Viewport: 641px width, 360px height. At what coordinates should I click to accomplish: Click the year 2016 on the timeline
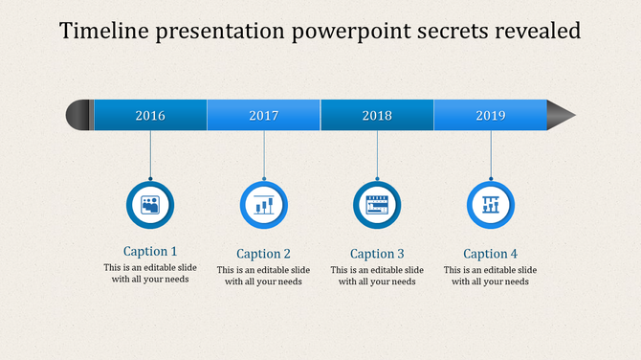point(150,116)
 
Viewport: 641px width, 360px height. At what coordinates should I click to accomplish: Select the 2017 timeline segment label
point(264,116)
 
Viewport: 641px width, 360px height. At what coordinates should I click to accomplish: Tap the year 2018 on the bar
point(377,116)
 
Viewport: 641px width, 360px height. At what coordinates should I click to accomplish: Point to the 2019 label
point(491,116)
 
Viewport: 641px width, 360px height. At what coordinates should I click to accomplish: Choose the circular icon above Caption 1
point(150,204)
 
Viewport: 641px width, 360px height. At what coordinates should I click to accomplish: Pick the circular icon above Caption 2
point(264,204)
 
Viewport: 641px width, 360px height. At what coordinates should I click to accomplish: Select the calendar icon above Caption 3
point(377,204)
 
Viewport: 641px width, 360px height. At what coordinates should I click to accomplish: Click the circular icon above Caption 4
point(491,204)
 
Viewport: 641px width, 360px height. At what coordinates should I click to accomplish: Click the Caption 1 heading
point(150,251)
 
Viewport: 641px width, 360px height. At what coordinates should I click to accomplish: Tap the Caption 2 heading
point(264,254)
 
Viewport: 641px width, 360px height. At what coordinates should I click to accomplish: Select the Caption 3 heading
point(377,254)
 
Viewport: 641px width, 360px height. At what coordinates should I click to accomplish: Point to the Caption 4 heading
point(491,254)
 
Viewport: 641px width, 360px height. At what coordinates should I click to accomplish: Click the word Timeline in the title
point(102,32)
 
